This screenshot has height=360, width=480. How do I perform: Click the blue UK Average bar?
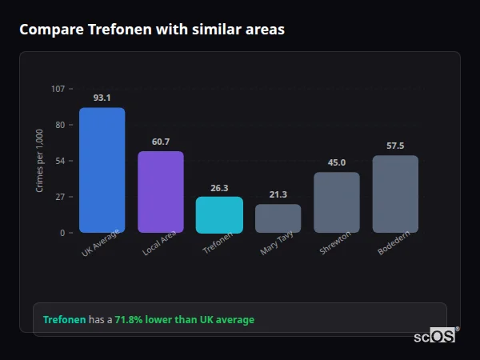pyautogui.click(x=102, y=170)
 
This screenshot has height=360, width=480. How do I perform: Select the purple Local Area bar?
pyautogui.click(x=160, y=192)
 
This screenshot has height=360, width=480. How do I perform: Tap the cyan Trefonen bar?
pyautogui.click(x=219, y=214)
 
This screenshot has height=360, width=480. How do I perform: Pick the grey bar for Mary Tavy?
pyautogui.click(x=278, y=218)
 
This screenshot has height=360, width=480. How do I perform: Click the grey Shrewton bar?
pyautogui.click(x=336, y=202)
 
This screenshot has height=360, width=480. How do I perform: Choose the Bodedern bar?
pyautogui.click(x=395, y=194)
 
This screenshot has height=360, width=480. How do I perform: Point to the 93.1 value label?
pyautogui.click(x=102, y=98)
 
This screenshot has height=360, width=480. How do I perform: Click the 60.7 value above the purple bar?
pyautogui.click(x=160, y=142)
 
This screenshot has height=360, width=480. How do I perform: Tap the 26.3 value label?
pyautogui.click(x=219, y=188)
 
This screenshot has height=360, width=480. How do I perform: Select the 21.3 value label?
pyautogui.click(x=278, y=194)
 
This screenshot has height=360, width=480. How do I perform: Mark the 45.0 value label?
pyautogui.click(x=336, y=162)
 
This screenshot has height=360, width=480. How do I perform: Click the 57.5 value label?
pyautogui.click(x=395, y=146)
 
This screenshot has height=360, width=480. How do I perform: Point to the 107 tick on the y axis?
pyautogui.click(x=58, y=89)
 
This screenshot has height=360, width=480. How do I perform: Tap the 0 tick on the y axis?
pyautogui.click(x=62, y=233)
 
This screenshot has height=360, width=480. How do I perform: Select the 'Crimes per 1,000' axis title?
pyautogui.click(x=40, y=161)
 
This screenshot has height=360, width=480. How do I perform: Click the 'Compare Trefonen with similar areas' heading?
pyautogui.click(x=152, y=30)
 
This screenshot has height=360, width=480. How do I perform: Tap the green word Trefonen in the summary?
pyautogui.click(x=64, y=320)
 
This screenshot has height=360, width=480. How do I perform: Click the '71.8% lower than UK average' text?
pyautogui.click(x=184, y=320)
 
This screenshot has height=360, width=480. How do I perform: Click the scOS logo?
pyautogui.click(x=435, y=336)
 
